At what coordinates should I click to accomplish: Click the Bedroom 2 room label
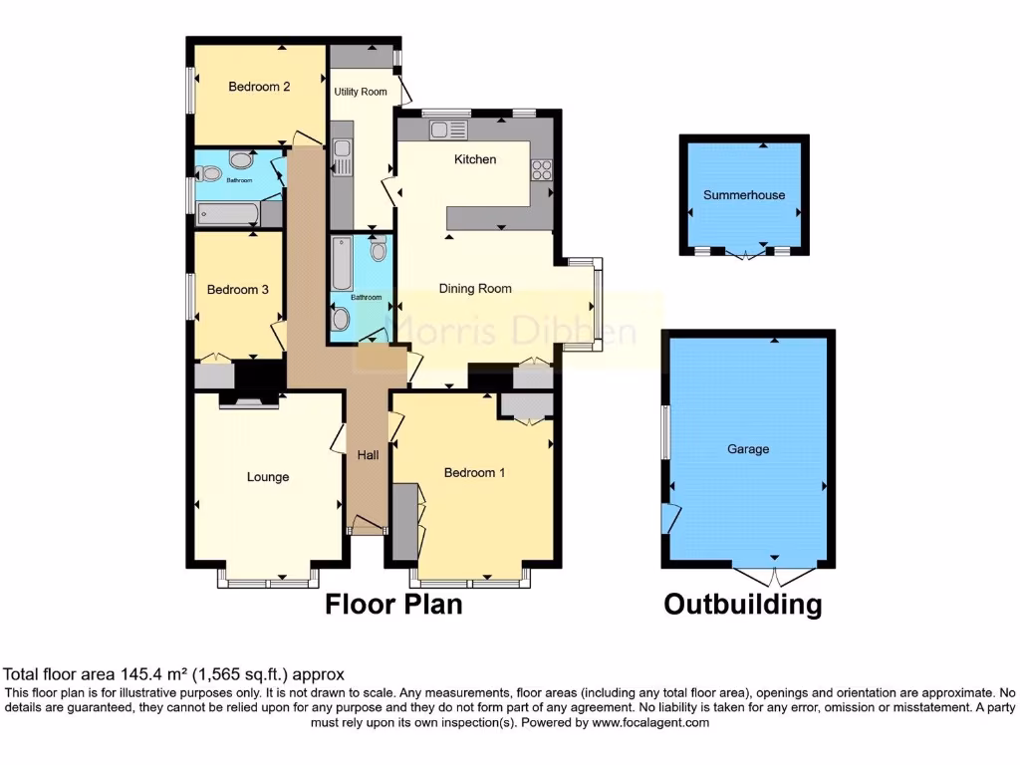(x=259, y=87)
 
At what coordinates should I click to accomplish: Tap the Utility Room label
(x=361, y=92)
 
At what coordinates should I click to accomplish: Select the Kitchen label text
(x=475, y=159)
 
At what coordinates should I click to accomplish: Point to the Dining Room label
(x=475, y=289)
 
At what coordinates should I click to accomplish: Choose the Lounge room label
(x=268, y=477)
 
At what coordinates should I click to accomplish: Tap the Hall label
(x=368, y=455)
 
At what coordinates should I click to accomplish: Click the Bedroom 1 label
(x=474, y=472)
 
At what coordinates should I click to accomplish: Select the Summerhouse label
(x=743, y=195)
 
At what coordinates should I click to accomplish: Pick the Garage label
(x=747, y=449)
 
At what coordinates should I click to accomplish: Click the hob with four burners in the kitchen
(x=543, y=170)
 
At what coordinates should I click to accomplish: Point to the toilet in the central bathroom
(x=379, y=244)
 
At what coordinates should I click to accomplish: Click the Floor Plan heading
(x=393, y=605)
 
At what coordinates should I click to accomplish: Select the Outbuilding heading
(x=743, y=605)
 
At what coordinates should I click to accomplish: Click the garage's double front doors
(x=774, y=576)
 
